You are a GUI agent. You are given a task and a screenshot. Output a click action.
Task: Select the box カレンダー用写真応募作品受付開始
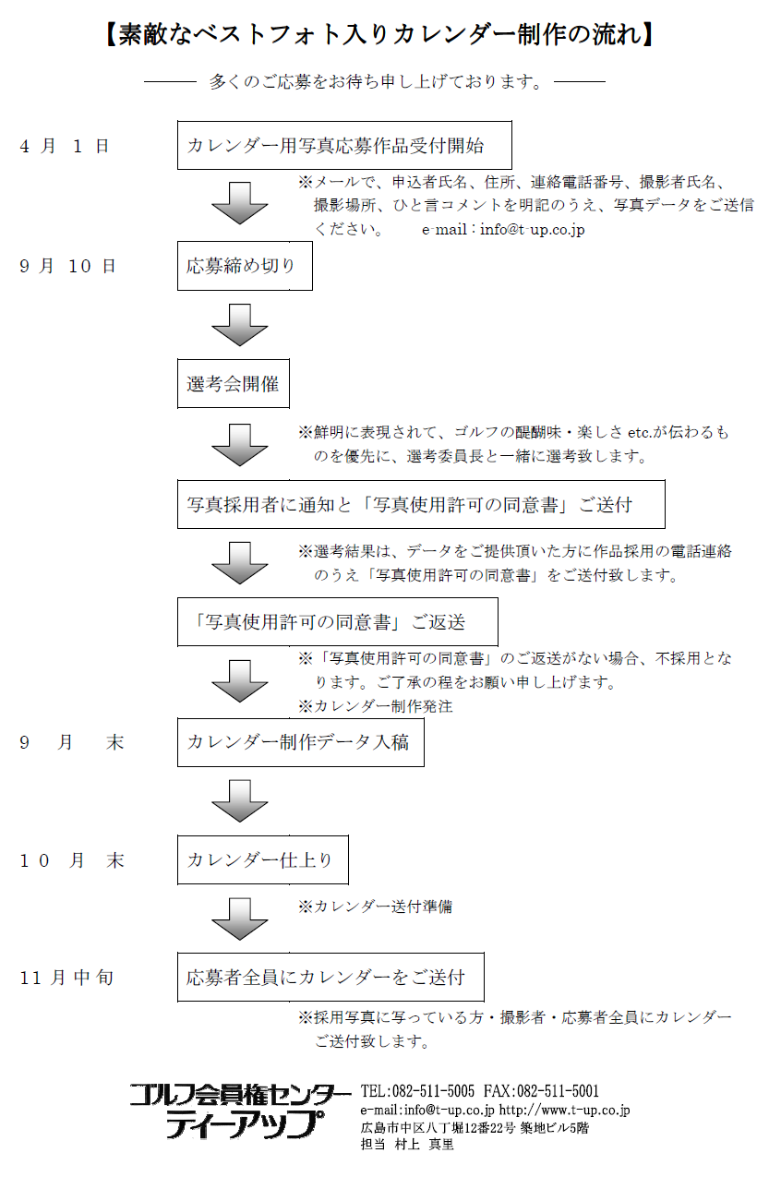[x=344, y=145]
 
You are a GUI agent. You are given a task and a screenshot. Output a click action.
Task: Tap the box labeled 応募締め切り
[x=244, y=266]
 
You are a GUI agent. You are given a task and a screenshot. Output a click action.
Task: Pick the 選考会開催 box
[x=233, y=383]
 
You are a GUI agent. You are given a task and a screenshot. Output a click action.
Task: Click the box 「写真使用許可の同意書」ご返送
[x=337, y=621]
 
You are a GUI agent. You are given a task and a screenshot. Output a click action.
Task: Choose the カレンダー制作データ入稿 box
[x=300, y=741]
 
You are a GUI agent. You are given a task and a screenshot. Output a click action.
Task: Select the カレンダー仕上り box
[x=262, y=859]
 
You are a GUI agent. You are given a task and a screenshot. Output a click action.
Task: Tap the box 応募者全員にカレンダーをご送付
[x=330, y=977]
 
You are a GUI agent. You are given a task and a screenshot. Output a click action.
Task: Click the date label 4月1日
[x=65, y=146]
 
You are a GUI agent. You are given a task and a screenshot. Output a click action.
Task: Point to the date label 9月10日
[x=68, y=266]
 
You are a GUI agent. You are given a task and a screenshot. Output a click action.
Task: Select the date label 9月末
[x=72, y=742]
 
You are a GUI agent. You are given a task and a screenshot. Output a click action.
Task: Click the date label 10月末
[x=72, y=860]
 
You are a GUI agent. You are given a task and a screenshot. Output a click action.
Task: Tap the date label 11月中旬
[x=67, y=977]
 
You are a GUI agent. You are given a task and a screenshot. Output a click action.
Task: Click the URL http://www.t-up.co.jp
[x=564, y=1111]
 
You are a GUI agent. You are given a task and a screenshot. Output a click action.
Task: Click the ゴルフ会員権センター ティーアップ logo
[x=240, y=1110]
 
